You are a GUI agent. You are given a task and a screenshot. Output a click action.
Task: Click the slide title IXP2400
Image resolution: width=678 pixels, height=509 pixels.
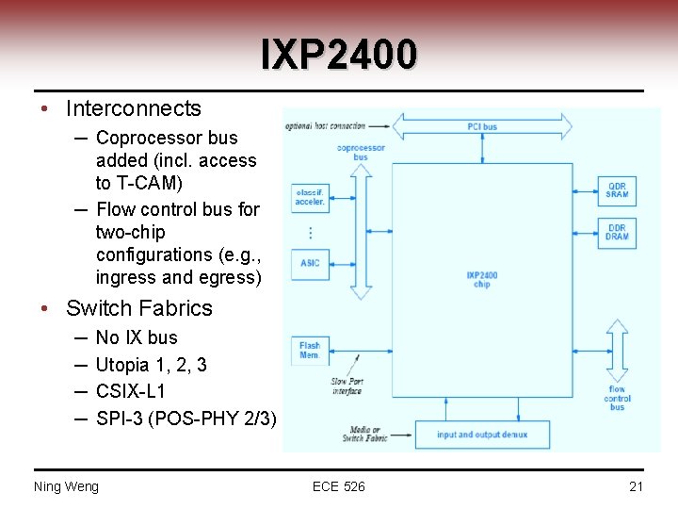click(338, 54)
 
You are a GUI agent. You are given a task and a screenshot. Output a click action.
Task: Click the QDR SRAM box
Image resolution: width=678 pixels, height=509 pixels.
click(617, 190)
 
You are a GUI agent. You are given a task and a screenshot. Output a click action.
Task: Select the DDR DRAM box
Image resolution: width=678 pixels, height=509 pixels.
click(617, 231)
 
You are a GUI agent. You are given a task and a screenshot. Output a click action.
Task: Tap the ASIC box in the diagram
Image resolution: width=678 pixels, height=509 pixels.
click(310, 263)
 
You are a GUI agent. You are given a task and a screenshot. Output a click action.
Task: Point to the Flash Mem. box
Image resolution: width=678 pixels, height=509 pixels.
click(310, 351)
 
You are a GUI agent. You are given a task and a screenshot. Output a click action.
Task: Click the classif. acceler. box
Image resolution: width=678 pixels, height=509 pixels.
click(310, 196)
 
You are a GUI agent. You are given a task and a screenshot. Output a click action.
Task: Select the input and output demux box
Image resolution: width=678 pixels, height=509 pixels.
click(482, 435)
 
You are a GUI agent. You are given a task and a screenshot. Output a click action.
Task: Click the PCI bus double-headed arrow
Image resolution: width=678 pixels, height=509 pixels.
click(482, 126)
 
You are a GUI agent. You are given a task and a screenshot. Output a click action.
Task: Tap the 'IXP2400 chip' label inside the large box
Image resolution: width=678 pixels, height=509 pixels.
click(482, 280)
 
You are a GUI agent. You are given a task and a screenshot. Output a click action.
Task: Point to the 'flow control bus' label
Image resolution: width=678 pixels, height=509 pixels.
click(617, 398)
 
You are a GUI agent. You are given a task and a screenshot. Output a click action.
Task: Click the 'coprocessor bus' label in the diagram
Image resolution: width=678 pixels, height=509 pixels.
click(361, 152)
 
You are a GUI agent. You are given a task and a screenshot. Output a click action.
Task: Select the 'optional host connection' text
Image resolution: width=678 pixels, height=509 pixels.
click(325, 126)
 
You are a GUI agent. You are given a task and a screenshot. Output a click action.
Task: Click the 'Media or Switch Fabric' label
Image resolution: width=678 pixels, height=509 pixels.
click(364, 434)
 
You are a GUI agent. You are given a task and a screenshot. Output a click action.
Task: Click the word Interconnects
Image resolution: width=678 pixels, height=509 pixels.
click(134, 108)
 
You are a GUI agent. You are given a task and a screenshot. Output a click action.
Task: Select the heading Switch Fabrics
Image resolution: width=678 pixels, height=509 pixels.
click(139, 308)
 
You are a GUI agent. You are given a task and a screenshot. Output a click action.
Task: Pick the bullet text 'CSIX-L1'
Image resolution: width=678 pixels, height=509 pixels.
click(131, 390)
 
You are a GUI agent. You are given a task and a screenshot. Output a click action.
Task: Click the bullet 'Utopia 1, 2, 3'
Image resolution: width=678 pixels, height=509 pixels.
click(152, 364)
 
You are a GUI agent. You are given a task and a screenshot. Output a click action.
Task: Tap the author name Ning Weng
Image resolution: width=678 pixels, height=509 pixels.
click(66, 486)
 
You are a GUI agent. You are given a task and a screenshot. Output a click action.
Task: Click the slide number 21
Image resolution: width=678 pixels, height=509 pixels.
click(636, 486)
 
